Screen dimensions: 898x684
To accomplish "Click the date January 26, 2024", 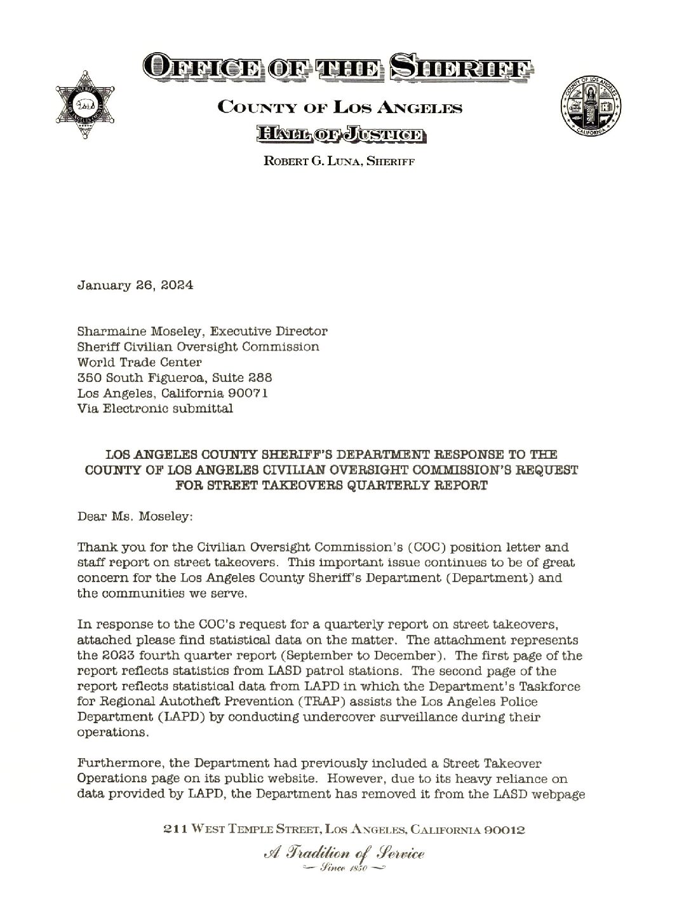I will tap(135, 285).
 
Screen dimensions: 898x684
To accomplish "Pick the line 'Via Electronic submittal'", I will tap(154, 409).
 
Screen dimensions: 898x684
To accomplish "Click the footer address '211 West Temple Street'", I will tap(239, 829).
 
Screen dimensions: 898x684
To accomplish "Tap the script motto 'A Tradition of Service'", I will tap(342, 853).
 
